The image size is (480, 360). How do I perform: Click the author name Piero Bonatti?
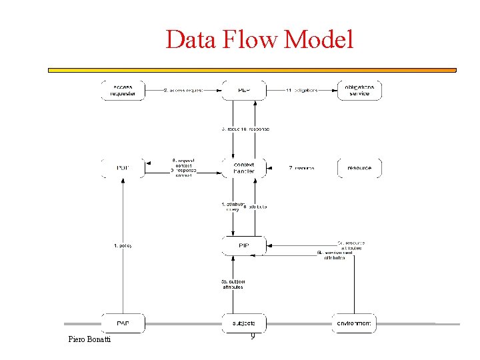point(90,340)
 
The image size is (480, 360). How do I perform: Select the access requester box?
point(123,91)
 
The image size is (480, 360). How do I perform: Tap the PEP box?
point(243,91)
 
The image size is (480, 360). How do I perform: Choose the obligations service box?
point(359,91)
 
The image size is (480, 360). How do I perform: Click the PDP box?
point(123,168)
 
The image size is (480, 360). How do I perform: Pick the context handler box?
point(243,168)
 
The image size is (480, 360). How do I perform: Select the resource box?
point(359,168)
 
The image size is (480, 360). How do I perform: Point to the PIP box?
point(243,246)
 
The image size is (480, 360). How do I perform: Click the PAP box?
point(123,323)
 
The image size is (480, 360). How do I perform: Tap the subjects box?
point(243,323)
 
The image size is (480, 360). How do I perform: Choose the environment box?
point(354,323)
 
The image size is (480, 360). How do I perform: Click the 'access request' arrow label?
point(183,90)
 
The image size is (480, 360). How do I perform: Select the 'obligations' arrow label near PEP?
point(301,90)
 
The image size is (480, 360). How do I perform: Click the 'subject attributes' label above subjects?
point(232,284)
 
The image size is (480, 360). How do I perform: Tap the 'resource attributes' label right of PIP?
point(351,245)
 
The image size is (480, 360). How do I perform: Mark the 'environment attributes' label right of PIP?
point(333,255)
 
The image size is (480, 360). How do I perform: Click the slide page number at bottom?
point(253,337)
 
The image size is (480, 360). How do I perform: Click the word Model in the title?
point(318,40)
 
